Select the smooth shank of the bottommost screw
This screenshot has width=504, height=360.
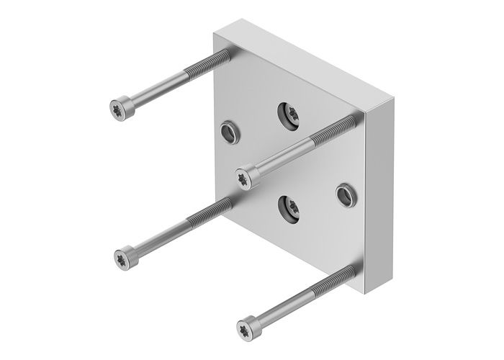[284, 305]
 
